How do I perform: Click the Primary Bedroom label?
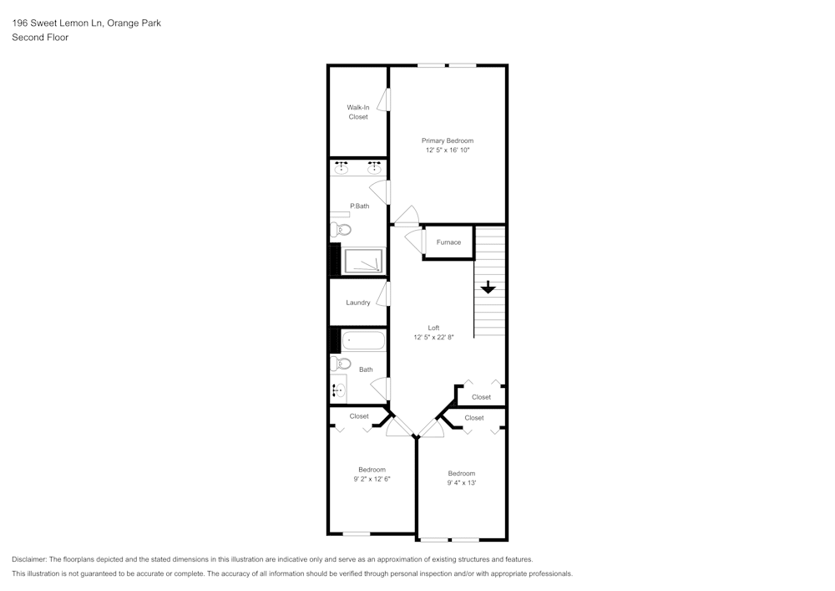coord(447,140)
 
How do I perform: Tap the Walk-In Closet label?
coord(358,112)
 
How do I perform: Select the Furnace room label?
coord(448,242)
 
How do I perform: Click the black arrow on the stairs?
coord(488,287)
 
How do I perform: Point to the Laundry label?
coord(358,303)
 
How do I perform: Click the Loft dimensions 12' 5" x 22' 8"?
coord(433,338)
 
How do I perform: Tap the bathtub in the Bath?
coord(363,340)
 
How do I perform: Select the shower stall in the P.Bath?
coord(363,261)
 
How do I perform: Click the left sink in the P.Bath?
coord(342,168)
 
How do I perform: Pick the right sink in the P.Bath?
coord(374,168)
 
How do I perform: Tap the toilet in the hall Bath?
coord(342,364)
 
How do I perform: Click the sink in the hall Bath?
coord(339,390)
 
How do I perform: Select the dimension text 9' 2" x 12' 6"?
coord(372,479)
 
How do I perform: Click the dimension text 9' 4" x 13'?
coord(461,483)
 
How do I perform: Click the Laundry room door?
coord(383,293)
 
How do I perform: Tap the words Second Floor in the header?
coord(40,38)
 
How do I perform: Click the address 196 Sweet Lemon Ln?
coord(58,23)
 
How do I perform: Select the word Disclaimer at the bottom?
coord(29,559)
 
